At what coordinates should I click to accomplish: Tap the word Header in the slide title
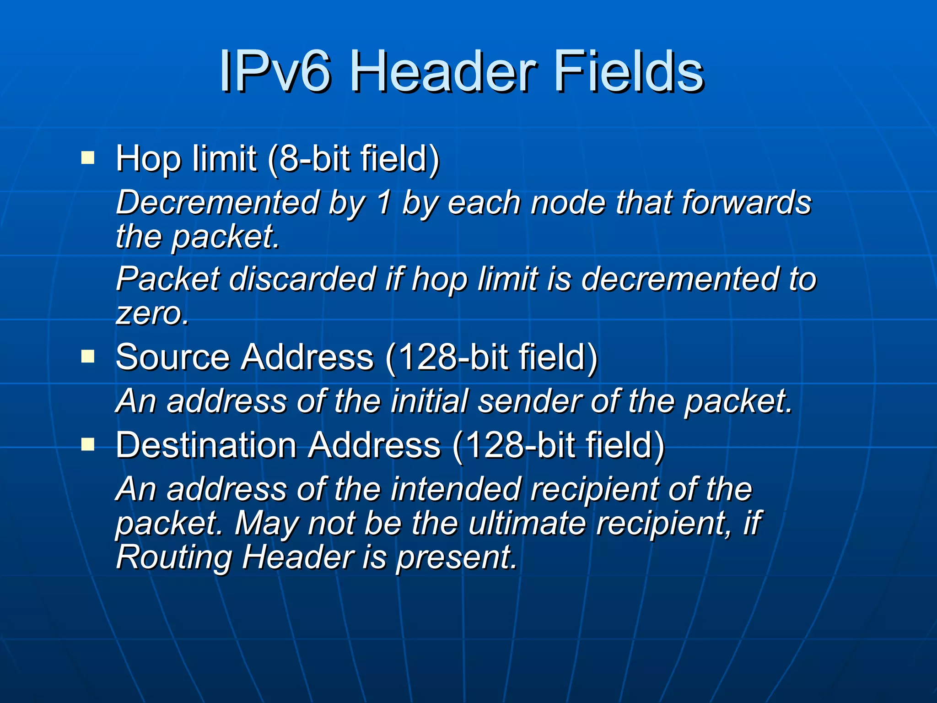coord(442,71)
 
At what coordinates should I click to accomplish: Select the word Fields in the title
coord(628,71)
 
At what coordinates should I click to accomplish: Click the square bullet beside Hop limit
coord(87,158)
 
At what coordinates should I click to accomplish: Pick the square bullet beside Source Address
coord(87,357)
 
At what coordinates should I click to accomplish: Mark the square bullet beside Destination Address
coord(87,444)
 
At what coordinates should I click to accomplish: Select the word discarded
coord(302,279)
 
